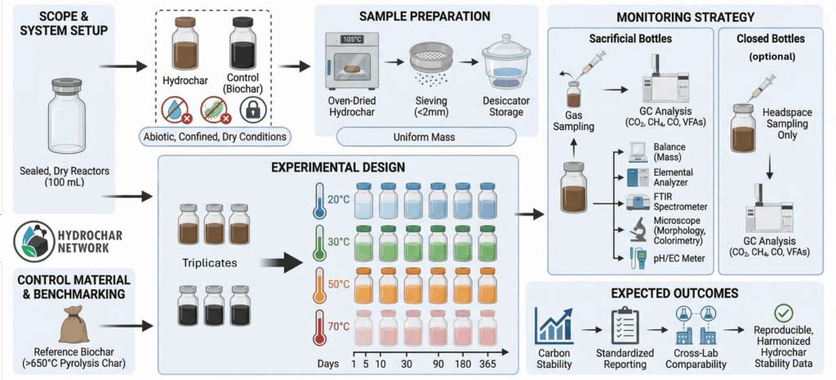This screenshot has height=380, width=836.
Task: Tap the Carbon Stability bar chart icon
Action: coord(554,326)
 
